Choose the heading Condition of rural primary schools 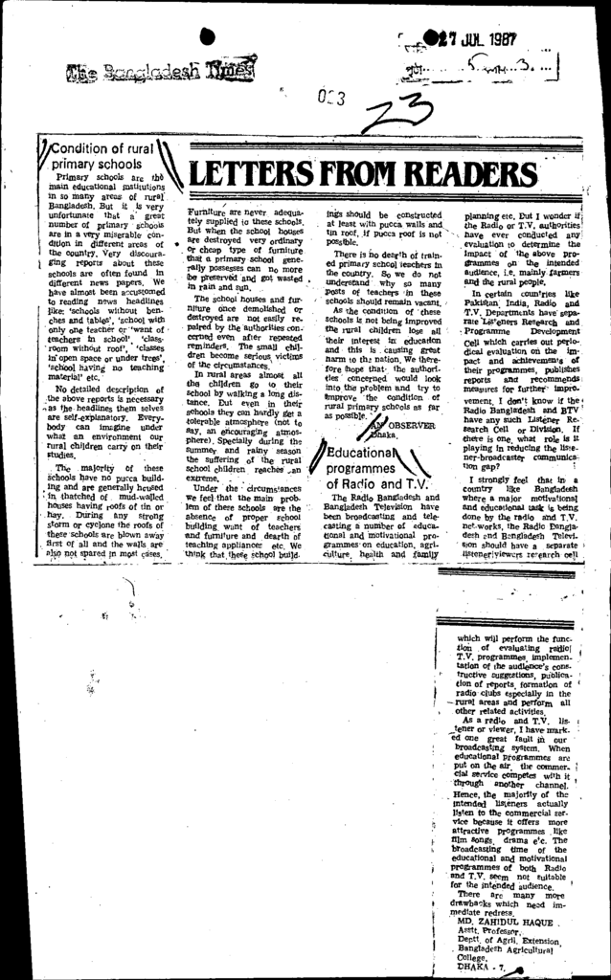[100, 156]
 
